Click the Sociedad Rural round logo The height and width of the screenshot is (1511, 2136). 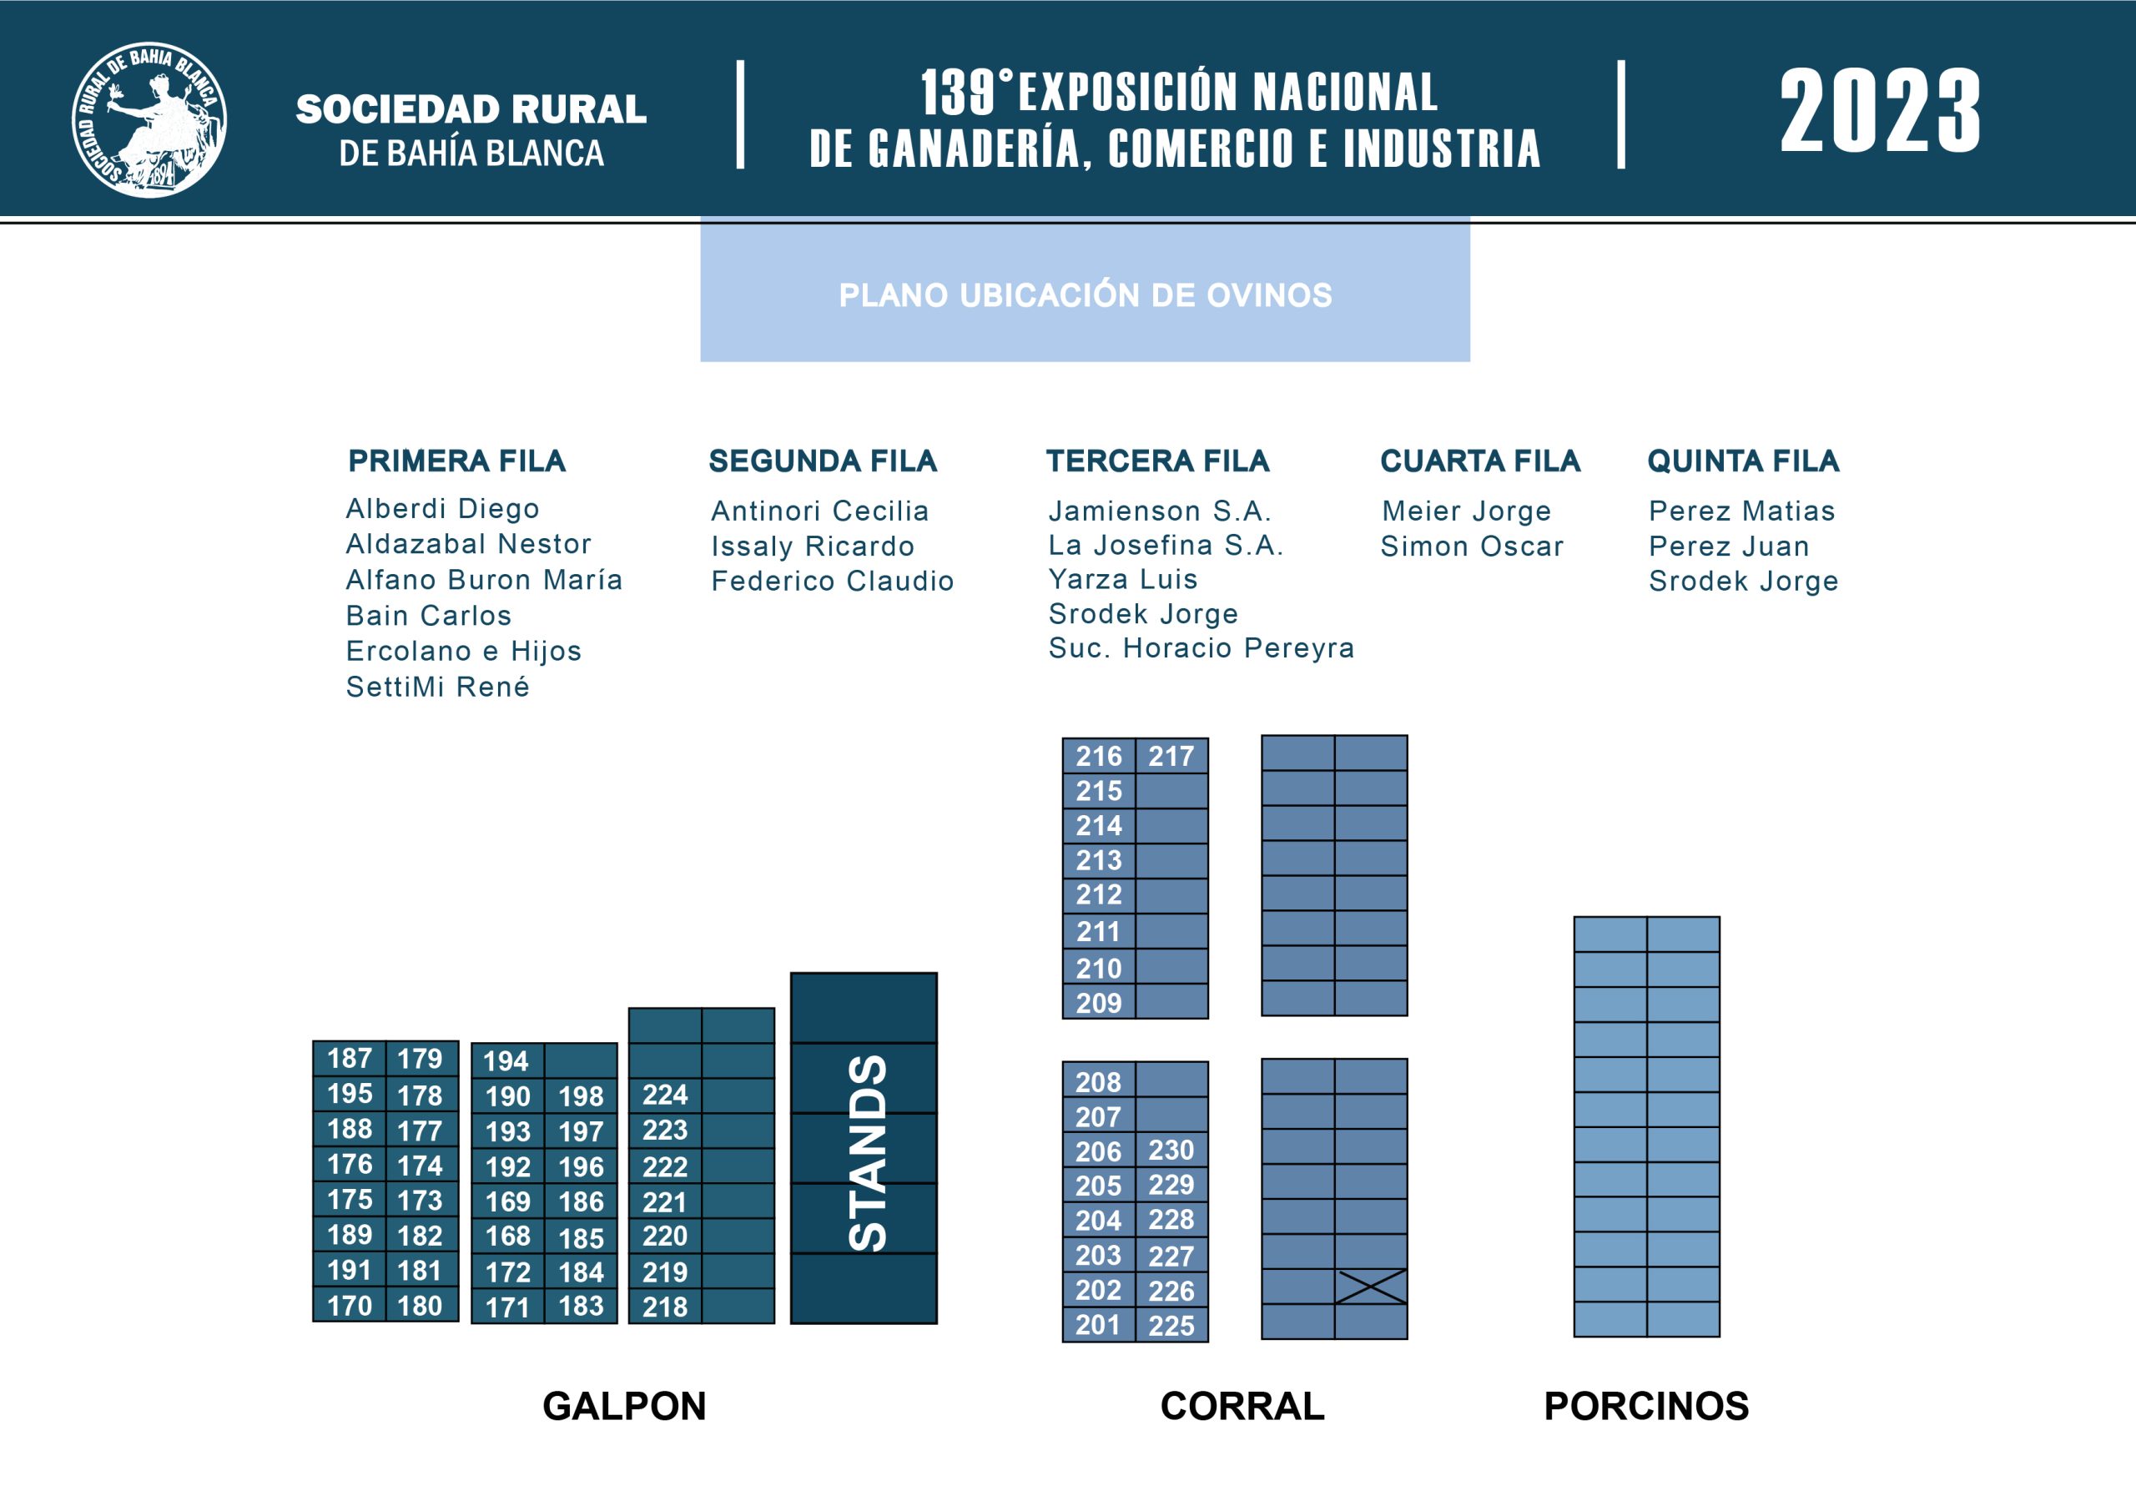pyautogui.click(x=150, y=119)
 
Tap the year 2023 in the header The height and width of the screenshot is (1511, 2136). pyautogui.click(x=1880, y=111)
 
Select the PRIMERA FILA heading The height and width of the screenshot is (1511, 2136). pyautogui.click(x=456, y=461)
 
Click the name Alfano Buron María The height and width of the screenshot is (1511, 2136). pyautogui.click(x=484, y=580)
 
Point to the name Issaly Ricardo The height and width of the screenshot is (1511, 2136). pyautogui.click(x=813, y=546)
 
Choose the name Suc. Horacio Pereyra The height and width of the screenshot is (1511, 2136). pyautogui.click(x=1201, y=647)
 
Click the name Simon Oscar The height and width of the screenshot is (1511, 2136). pyautogui.click(x=1472, y=546)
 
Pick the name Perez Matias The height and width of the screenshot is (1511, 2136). pyautogui.click(x=1741, y=511)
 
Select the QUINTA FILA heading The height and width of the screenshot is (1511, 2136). pyautogui.click(x=1743, y=461)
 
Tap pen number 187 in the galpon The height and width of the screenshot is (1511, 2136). pyautogui.click(x=350, y=1059)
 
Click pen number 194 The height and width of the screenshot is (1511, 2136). pyautogui.click(x=506, y=1060)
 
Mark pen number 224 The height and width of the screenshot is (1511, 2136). pyautogui.click(x=665, y=1095)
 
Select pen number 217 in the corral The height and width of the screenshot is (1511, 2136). pyautogui.click(x=1171, y=757)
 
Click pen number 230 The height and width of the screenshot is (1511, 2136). pyautogui.click(x=1171, y=1151)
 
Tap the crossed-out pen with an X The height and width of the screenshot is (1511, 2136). pyautogui.click(x=1371, y=1287)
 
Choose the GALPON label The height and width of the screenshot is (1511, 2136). pyautogui.click(x=624, y=1406)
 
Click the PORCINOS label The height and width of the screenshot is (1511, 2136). pyautogui.click(x=1647, y=1406)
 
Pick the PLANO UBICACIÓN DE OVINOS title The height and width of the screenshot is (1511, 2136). pyautogui.click(x=1086, y=295)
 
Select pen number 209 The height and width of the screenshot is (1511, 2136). pyautogui.click(x=1100, y=1003)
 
